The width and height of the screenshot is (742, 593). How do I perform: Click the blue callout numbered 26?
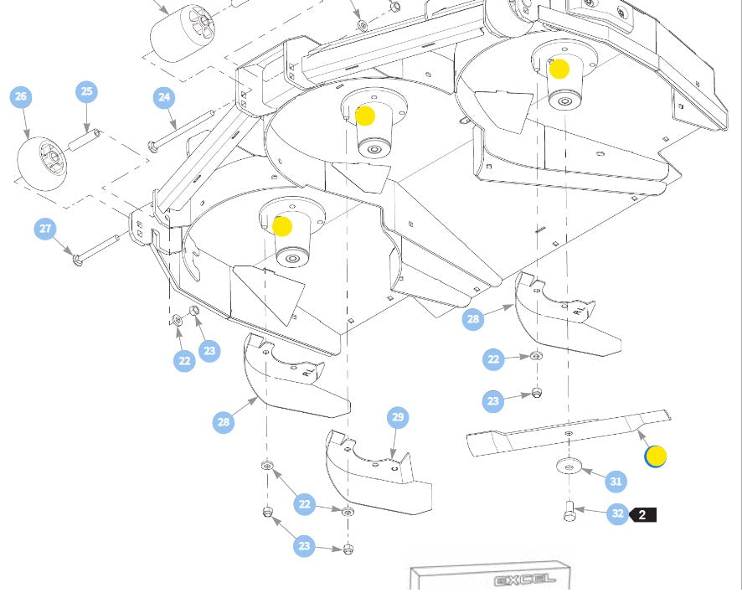21,97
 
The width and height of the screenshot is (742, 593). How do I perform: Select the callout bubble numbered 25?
87,91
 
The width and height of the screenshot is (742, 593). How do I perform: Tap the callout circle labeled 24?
164,98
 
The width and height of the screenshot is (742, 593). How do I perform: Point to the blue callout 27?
45,229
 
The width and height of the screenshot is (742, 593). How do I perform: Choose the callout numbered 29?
398,418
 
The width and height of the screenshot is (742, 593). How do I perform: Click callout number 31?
616,481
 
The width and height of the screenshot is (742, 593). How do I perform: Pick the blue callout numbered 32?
617,513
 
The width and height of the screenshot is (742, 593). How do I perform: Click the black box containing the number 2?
642,514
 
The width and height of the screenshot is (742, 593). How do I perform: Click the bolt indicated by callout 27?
95,248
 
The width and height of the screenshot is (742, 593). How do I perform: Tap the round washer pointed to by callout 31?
569,467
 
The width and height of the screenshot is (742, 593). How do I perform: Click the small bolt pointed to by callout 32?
569,510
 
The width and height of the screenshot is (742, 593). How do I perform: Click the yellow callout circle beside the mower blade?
655,456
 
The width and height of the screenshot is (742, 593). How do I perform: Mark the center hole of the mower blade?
569,432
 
